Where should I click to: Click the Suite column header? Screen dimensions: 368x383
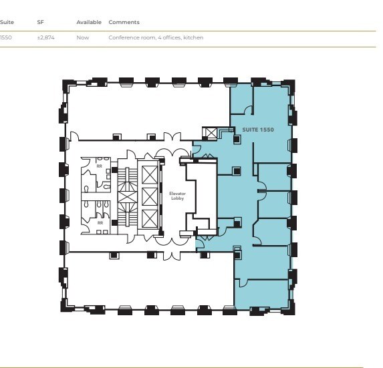[x=7, y=22]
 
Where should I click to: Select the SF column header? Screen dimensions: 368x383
[x=40, y=22]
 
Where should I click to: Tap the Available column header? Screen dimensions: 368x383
[x=89, y=22]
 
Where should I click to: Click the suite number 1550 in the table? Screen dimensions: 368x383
[x=7, y=37]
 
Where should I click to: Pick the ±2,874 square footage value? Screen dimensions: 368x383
[x=46, y=37]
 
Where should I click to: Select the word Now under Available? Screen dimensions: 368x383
[x=82, y=37]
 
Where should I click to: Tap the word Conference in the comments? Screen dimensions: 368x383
[x=121, y=37]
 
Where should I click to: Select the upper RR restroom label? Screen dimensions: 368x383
[x=100, y=166]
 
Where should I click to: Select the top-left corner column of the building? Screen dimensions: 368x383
[x=68, y=84]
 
